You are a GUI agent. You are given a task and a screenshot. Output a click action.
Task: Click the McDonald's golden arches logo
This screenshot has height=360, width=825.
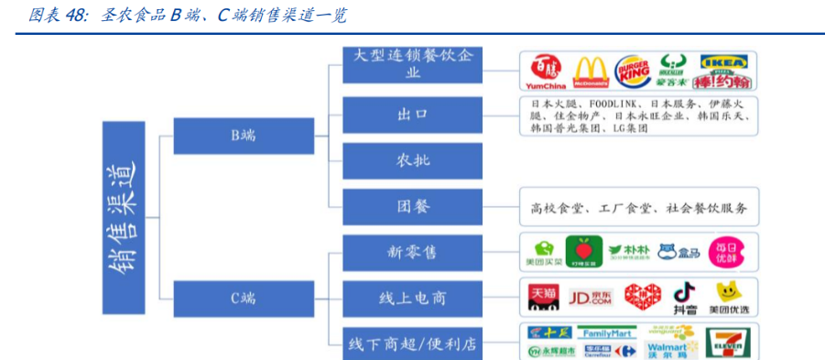click(591, 71)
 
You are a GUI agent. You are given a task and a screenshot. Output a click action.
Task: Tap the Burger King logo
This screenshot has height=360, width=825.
click(633, 71)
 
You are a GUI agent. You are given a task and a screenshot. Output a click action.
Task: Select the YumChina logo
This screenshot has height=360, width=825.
click(546, 71)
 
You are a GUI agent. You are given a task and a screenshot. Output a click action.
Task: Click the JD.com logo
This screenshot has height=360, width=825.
click(591, 298)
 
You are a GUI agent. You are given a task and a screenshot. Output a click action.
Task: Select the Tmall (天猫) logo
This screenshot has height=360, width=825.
click(543, 298)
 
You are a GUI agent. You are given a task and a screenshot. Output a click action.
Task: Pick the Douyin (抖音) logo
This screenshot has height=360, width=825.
click(684, 297)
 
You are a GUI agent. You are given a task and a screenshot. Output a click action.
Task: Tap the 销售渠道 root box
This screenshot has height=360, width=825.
click(121, 215)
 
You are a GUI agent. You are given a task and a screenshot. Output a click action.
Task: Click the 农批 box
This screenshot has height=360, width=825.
click(412, 160)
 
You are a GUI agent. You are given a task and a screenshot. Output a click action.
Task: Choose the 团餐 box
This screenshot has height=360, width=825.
click(412, 206)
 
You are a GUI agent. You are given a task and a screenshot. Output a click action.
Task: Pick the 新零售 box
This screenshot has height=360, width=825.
click(412, 252)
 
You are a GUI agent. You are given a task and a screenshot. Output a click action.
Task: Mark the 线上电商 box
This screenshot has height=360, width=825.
click(412, 298)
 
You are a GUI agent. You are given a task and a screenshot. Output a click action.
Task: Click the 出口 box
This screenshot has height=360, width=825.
click(412, 115)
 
